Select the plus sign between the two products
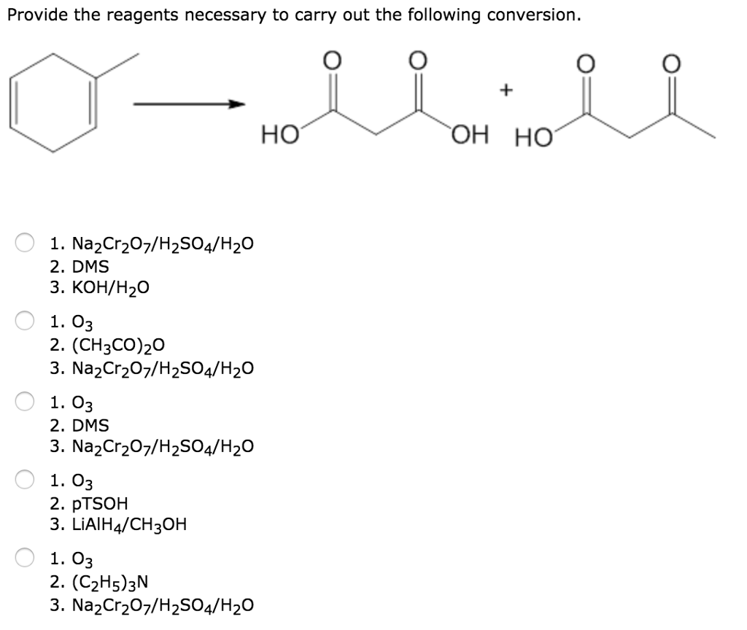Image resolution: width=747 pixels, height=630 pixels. pos(507,90)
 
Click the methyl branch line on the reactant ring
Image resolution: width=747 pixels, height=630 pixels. pos(116,66)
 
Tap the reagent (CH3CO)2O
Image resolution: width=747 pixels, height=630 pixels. pos(109,345)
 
